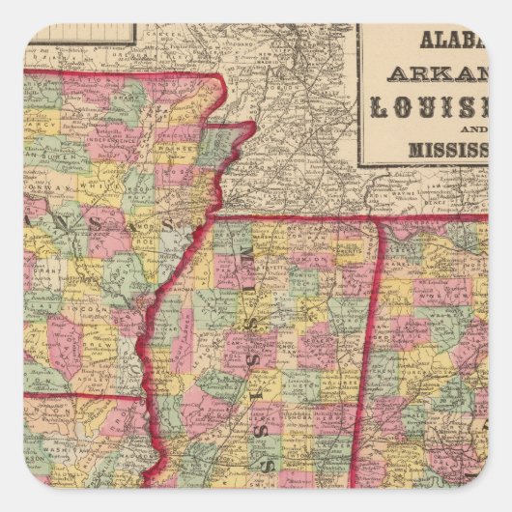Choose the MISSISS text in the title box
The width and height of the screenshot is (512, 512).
click(443, 152)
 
